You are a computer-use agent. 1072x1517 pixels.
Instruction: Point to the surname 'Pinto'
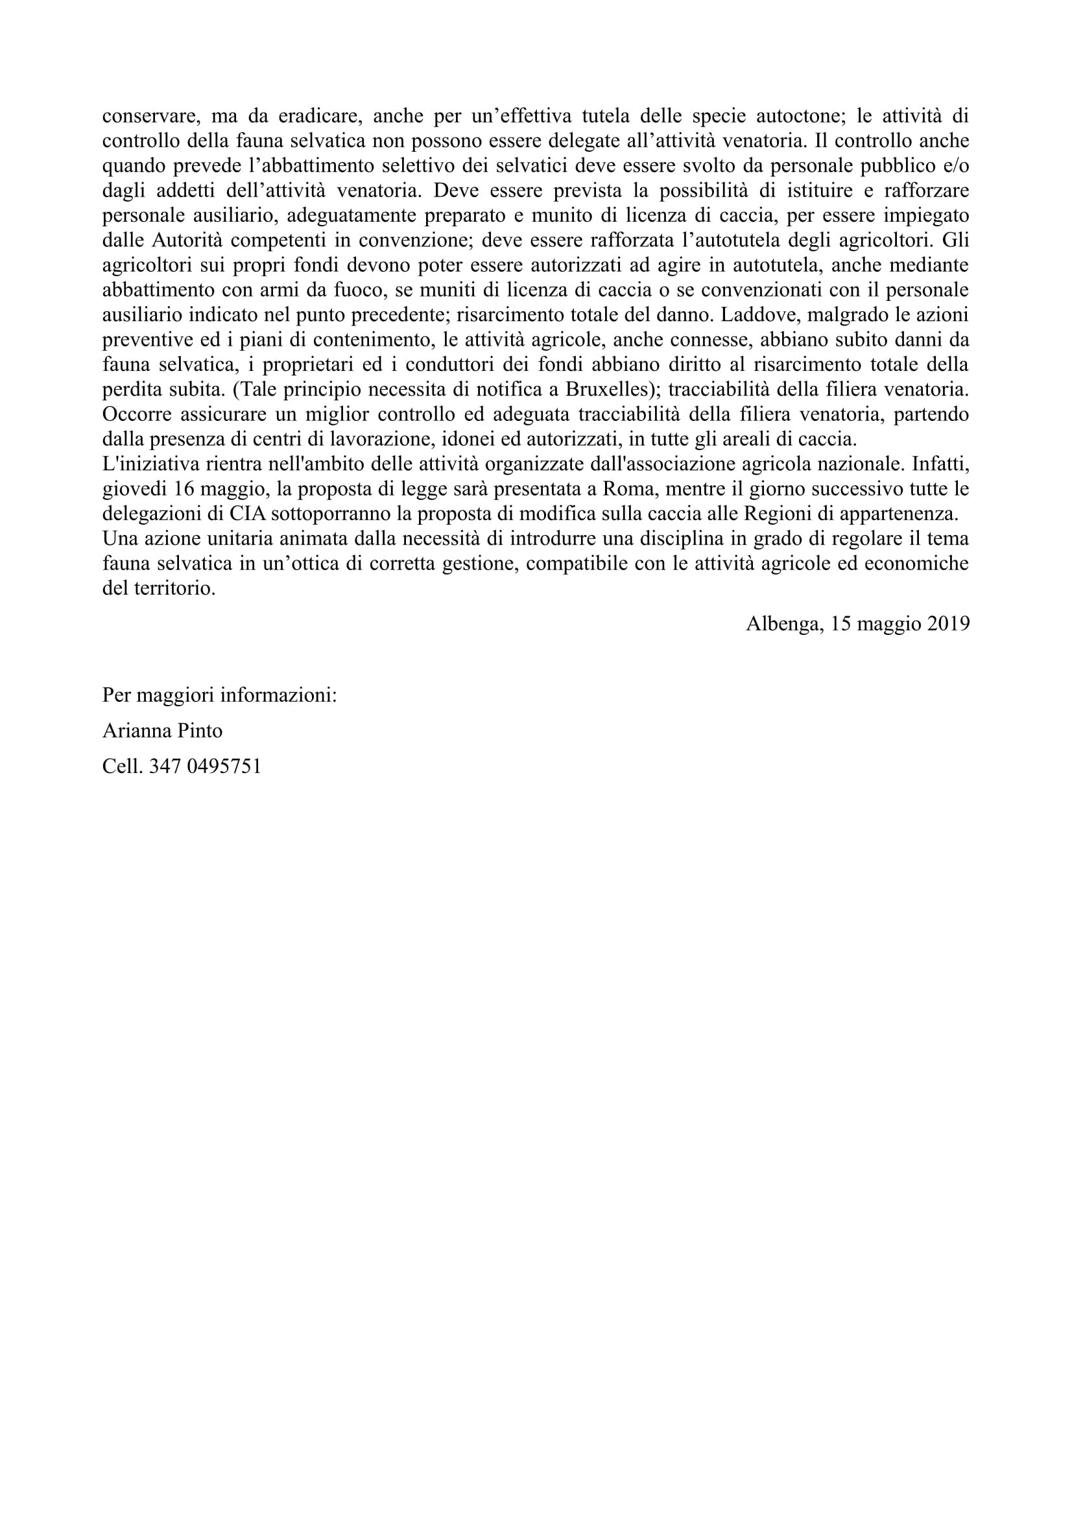pyautogui.click(x=200, y=730)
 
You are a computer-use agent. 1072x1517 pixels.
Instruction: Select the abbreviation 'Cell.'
pyautogui.click(x=122, y=766)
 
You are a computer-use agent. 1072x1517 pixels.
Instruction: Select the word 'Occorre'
pyautogui.click(x=136, y=415)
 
